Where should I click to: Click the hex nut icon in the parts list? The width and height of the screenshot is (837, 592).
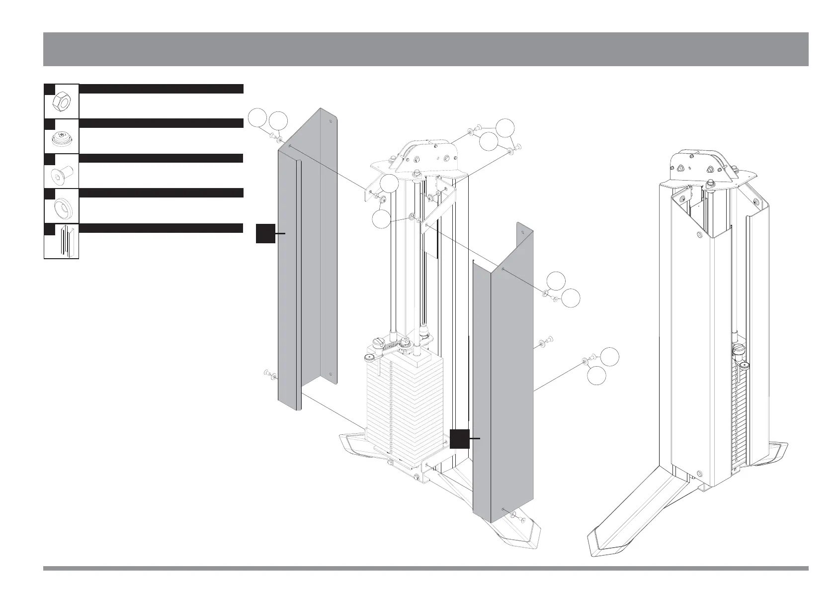[x=61, y=102]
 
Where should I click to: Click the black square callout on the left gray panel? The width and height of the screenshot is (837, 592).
[x=265, y=233]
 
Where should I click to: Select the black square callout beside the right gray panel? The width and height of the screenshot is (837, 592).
[x=459, y=438]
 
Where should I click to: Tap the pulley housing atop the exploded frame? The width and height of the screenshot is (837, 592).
[x=425, y=154]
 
